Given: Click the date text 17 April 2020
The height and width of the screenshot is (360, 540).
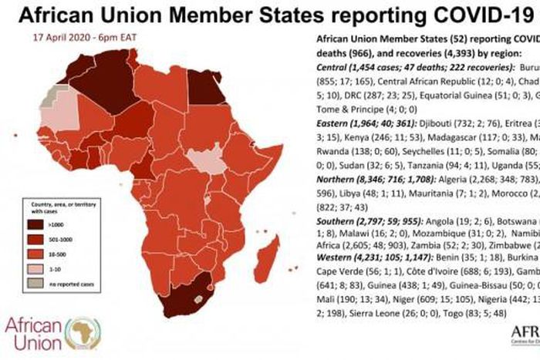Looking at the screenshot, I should pyautogui.click(x=55, y=37).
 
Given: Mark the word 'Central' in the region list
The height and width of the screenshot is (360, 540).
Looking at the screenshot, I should pyautogui.click(x=335, y=68).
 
